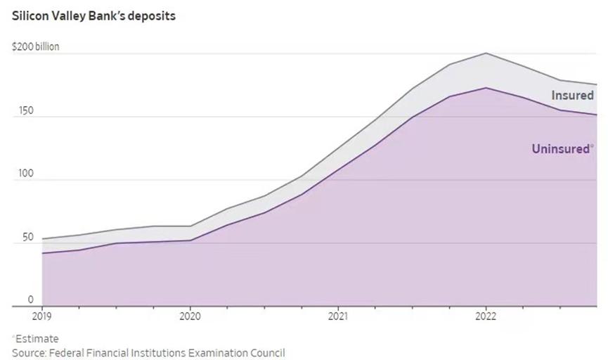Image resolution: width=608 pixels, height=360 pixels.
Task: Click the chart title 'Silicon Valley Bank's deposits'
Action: [93, 15]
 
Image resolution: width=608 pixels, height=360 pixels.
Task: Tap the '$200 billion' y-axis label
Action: [36, 46]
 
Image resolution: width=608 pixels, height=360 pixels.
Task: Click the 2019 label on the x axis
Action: [42, 316]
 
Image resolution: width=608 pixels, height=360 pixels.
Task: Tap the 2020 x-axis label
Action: [190, 316]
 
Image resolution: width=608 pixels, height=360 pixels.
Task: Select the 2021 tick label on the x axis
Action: [338, 316]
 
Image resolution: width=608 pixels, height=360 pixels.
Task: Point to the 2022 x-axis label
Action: [486, 316]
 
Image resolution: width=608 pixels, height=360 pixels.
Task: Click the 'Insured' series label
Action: [572, 96]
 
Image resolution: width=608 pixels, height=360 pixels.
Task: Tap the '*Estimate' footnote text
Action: [35, 338]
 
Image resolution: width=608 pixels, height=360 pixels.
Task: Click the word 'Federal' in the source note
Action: [69, 352]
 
